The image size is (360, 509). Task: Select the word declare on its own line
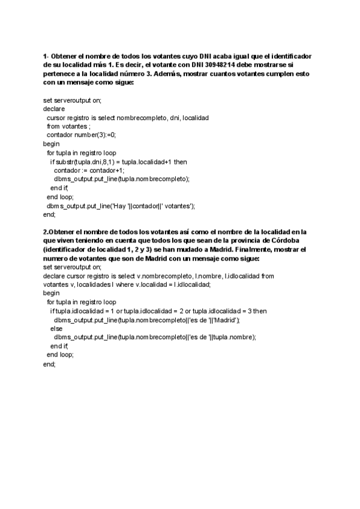tap(54, 109)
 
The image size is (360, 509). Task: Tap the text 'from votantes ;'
tap(68, 127)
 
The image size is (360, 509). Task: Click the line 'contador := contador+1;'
tap(89, 170)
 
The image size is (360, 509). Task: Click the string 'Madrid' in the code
tap(227, 320)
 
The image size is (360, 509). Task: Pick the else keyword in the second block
tap(56, 328)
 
